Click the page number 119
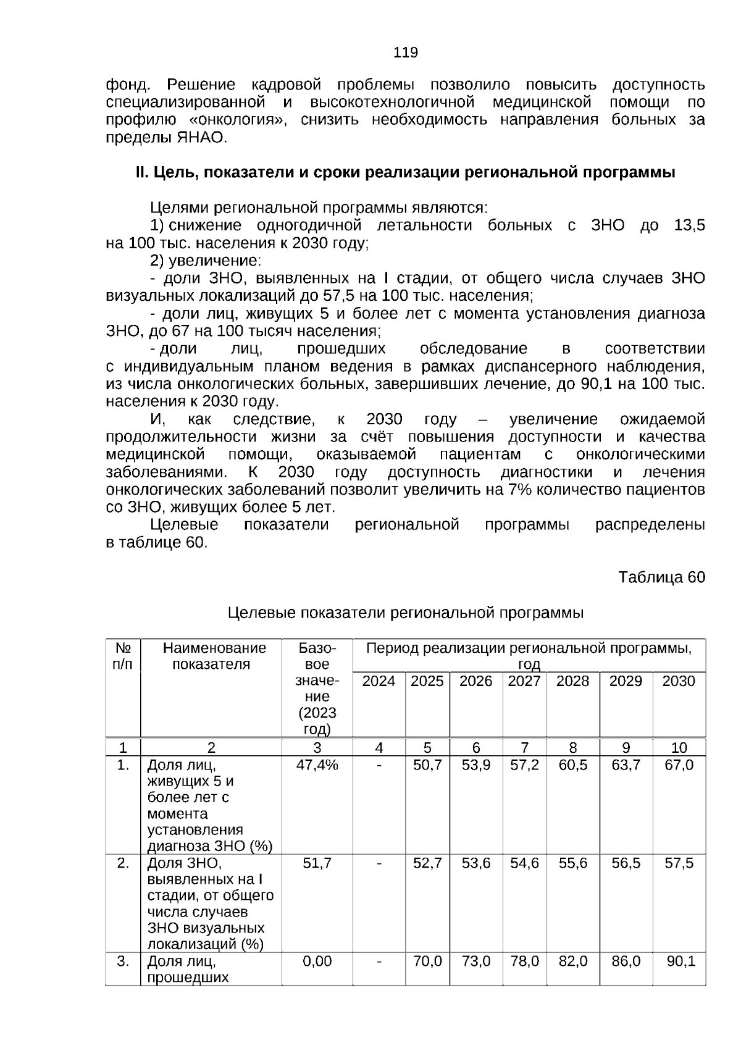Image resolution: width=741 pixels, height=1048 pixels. click(x=405, y=53)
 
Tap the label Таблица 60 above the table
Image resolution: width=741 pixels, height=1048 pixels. click(x=661, y=577)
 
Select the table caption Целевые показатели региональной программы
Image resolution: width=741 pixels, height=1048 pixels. click(x=405, y=613)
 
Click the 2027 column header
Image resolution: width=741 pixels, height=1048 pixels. click(x=524, y=681)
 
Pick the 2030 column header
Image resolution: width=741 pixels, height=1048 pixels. click(x=678, y=681)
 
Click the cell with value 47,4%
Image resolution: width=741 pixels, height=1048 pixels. click(x=317, y=765)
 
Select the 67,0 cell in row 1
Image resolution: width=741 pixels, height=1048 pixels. click(x=678, y=765)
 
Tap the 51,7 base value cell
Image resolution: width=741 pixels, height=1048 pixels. click(x=317, y=863)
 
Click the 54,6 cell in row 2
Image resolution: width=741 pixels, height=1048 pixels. click(x=524, y=863)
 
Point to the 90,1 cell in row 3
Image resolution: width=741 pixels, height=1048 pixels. click(x=680, y=962)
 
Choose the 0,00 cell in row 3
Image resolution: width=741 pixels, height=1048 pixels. click(x=317, y=962)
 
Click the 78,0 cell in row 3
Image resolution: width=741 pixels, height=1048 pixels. click(x=524, y=962)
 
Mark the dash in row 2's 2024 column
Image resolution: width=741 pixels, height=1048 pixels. click(x=379, y=863)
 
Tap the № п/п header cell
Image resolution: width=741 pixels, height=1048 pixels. click(x=123, y=656)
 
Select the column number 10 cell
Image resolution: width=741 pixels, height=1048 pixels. click(x=678, y=748)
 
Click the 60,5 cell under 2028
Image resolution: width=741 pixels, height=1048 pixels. click(x=572, y=765)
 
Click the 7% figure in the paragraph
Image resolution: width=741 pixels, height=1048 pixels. click(x=517, y=490)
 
